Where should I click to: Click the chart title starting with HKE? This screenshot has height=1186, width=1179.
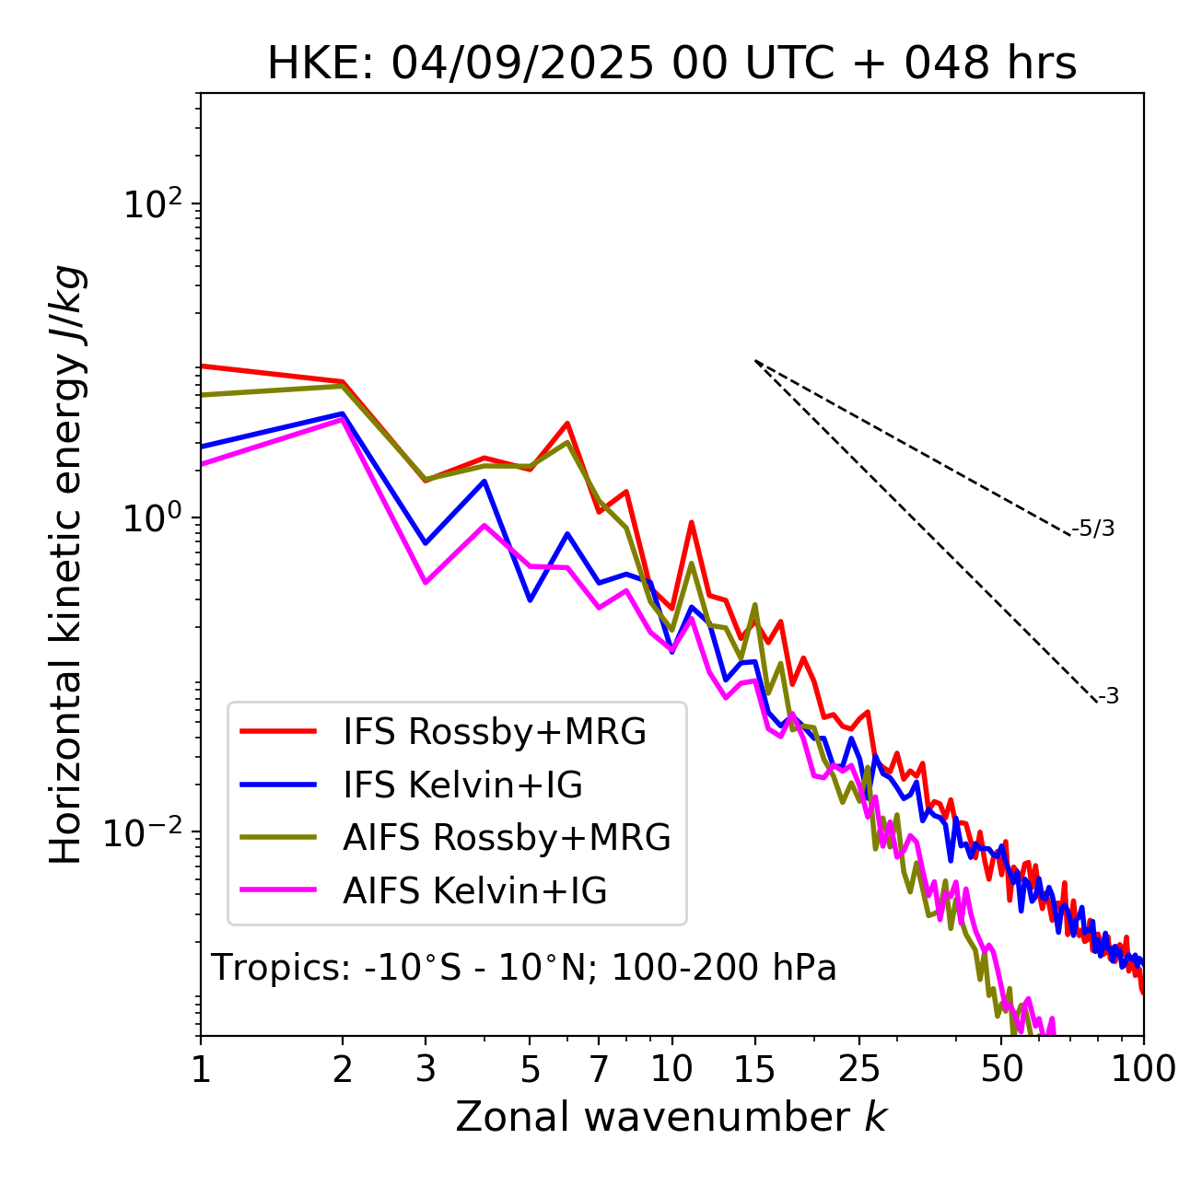click(x=671, y=64)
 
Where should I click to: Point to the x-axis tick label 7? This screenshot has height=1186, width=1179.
click(x=599, y=1069)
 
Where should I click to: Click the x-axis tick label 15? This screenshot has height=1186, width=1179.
click(x=754, y=1069)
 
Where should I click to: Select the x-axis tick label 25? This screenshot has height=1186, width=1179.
click(x=859, y=1069)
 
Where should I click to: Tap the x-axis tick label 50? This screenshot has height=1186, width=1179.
click(x=1002, y=1069)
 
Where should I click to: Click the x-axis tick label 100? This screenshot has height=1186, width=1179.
click(x=1143, y=1069)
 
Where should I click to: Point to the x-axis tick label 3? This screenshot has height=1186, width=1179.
click(x=426, y=1069)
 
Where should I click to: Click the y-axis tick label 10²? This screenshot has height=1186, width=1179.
click(x=152, y=204)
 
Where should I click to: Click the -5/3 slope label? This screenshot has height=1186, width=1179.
click(x=1093, y=529)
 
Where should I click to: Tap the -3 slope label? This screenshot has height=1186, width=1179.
click(x=1109, y=697)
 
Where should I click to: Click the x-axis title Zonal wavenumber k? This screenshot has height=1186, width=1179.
click(x=671, y=1117)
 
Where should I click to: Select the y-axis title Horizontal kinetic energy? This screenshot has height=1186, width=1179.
click(x=66, y=564)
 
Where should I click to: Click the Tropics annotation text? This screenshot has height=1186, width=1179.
click(x=523, y=969)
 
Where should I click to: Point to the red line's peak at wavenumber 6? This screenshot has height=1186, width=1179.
click(x=567, y=424)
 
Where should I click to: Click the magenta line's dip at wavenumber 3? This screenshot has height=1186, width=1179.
click(x=426, y=583)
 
